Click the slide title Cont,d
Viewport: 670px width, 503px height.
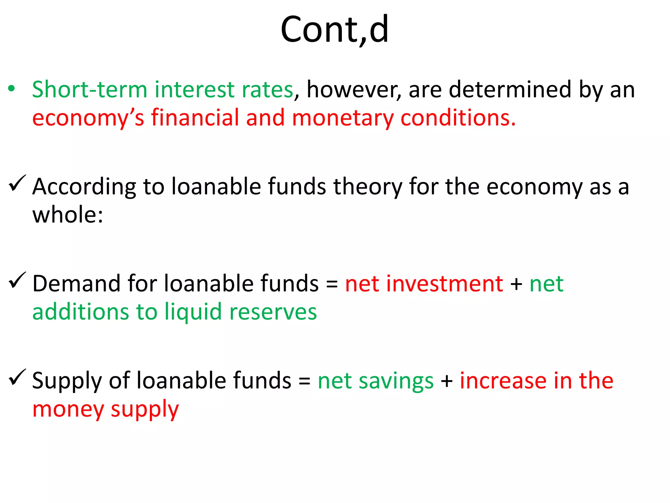pyautogui.click(x=335, y=30)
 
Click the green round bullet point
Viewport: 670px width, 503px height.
pyautogui.click(x=11, y=88)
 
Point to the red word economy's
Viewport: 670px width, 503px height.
pyautogui.click(x=88, y=118)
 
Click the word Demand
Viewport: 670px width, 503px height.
pyautogui.click(x=77, y=284)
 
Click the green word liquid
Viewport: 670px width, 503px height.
pyautogui.click(x=193, y=312)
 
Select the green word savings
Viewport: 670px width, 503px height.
pyautogui.click(x=396, y=381)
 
